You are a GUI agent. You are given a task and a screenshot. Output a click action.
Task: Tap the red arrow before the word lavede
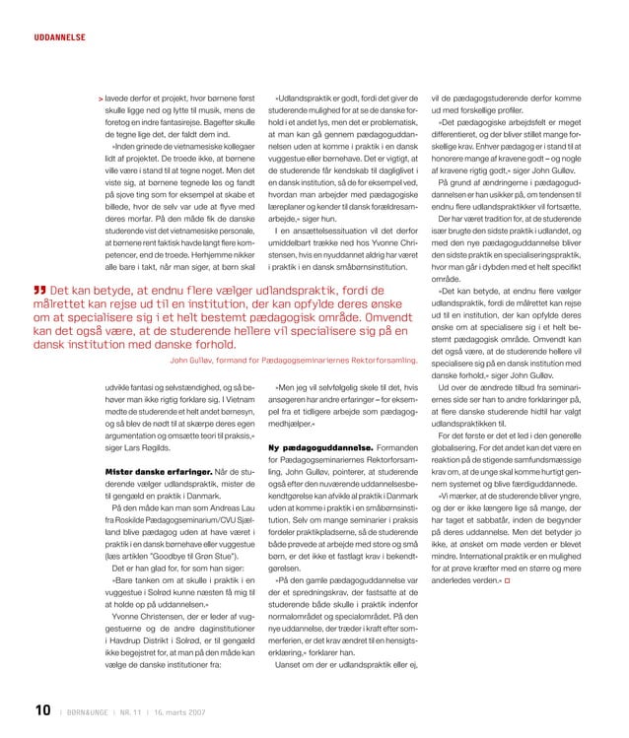click(100, 100)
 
